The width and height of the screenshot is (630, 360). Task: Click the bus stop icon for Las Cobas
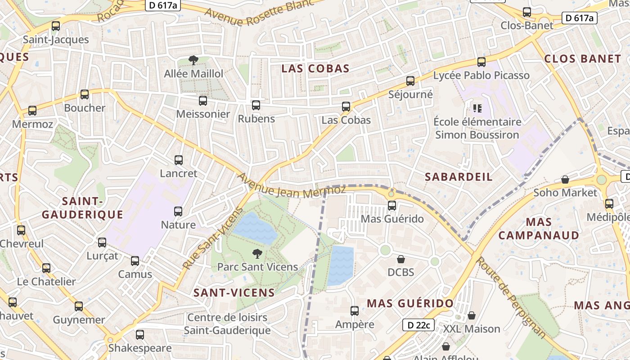click(x=346, y=107)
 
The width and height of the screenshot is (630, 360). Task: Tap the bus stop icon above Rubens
click(x=256, y=105)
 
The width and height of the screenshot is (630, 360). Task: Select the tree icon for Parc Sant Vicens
click(x=257, y=254)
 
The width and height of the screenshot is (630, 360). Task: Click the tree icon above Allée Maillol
click(x=193, y=60)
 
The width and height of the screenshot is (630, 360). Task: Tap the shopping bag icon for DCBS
click(x=400, y=259)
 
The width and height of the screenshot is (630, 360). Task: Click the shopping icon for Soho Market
click(x=565, y=180)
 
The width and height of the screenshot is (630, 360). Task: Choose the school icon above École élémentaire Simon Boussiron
click(x=477, y=108)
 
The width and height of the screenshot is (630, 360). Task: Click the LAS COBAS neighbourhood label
click(x=315, y=68)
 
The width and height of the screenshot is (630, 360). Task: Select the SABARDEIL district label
click(x=459, y=176)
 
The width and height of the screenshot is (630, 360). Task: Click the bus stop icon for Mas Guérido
click(x=392, y=206)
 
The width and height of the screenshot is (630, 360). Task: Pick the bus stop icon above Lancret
click(x=179, y=160)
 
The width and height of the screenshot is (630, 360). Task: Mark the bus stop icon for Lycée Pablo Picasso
click(x=481, y=62)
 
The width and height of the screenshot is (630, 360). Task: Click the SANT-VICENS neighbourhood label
click(x=234, y=292)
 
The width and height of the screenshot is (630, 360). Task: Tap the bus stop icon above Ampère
click(x=354, y=310)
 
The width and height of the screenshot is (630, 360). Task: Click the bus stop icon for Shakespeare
click(x=139, y=334)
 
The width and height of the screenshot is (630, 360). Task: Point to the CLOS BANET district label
click(x=582, y=58)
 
